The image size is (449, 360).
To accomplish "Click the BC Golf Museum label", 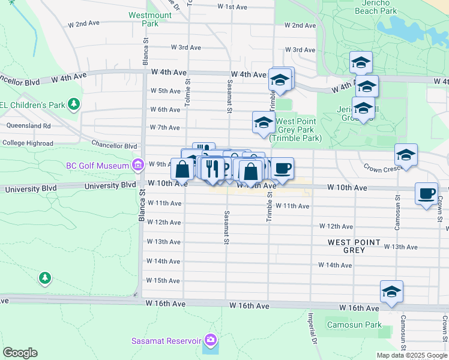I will pos(98,165).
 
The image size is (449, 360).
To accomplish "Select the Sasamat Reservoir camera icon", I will pos(209,340).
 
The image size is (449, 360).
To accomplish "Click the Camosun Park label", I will pos(354,325).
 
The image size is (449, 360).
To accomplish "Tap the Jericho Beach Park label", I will pos(376,7).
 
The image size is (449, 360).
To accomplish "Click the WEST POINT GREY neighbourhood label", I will pos(354,246).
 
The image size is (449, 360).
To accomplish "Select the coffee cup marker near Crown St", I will pos(426,194).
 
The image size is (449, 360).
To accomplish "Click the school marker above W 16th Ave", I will pos(391,292).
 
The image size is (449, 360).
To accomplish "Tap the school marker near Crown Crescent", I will pos(406,155).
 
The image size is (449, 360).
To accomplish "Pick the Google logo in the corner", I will pos(20,353).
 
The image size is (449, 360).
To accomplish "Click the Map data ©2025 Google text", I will pos(411,355).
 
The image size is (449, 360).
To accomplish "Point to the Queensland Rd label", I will pos(29,126).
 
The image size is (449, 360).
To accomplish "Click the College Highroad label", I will pos(28,143).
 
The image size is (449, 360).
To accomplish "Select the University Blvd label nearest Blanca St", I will pos(110,185).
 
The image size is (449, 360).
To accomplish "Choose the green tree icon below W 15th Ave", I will pos(44,278).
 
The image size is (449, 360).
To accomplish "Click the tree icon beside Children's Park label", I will pos(74,104).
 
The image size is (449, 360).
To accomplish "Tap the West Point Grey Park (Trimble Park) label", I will pos(295,129).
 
